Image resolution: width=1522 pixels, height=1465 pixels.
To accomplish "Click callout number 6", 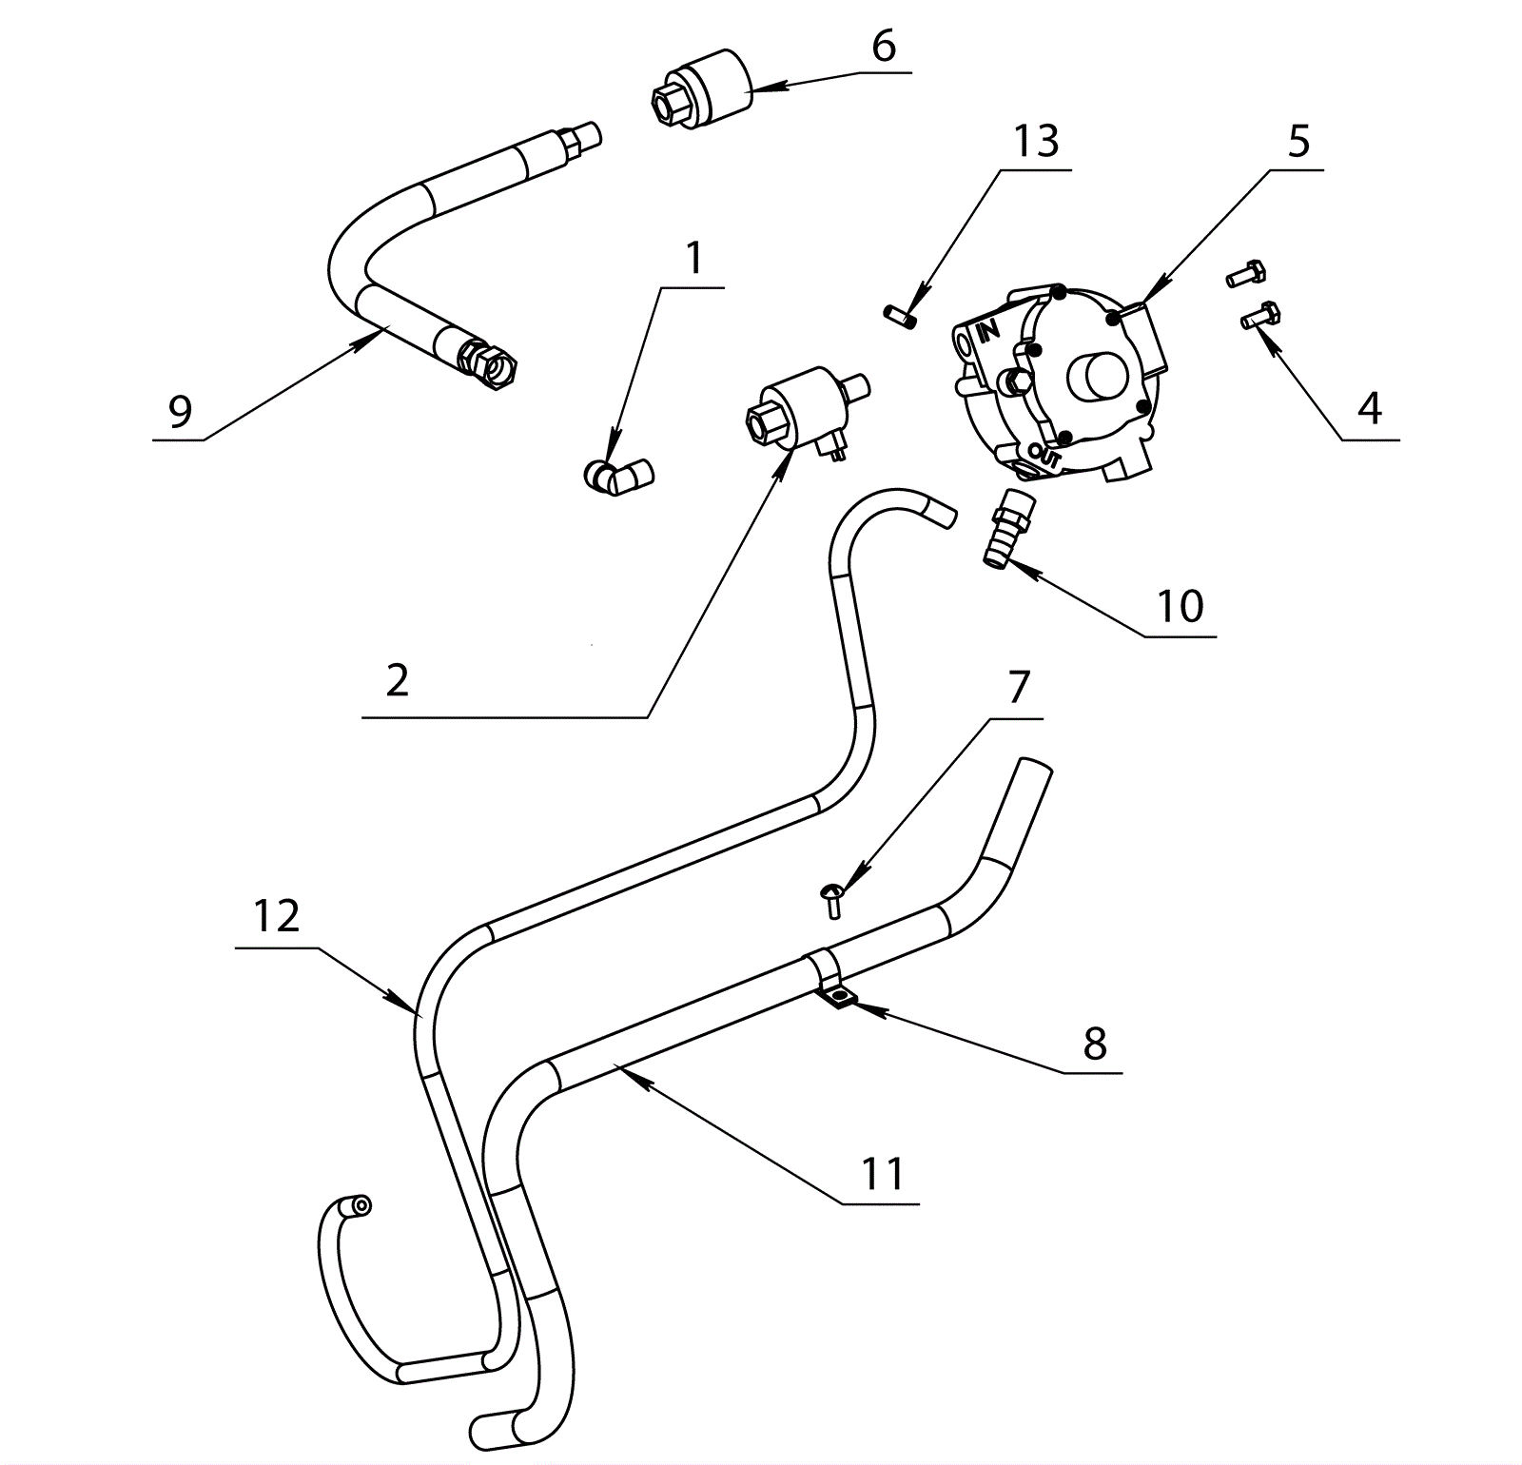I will (884, 46).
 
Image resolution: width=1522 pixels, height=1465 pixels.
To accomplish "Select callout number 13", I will (1036, 142).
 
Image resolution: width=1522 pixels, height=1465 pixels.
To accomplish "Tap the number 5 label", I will (1298, 142).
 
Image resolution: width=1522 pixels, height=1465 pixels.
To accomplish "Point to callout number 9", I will (180, 411).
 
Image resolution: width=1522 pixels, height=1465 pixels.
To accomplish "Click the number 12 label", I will (277, 916).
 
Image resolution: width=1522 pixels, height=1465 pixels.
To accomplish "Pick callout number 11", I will (882, 1174).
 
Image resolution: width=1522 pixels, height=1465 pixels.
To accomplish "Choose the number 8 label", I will (1095, 1044).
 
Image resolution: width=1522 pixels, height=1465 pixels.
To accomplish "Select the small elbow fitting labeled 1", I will (616, 475).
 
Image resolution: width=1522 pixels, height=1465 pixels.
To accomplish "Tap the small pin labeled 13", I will (900, 316).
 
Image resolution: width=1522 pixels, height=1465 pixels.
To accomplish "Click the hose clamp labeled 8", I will (829, 980).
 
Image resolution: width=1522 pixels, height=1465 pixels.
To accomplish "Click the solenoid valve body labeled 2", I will (796, 406).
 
